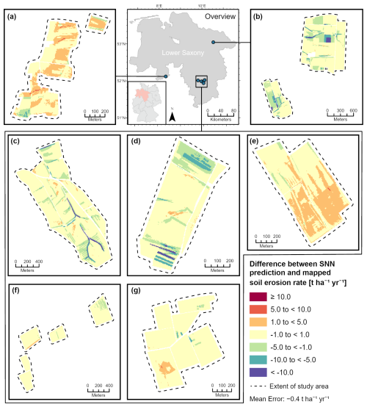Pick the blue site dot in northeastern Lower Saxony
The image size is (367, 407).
(x=212, y=43)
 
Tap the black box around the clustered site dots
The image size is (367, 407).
(x=201, y=81)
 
